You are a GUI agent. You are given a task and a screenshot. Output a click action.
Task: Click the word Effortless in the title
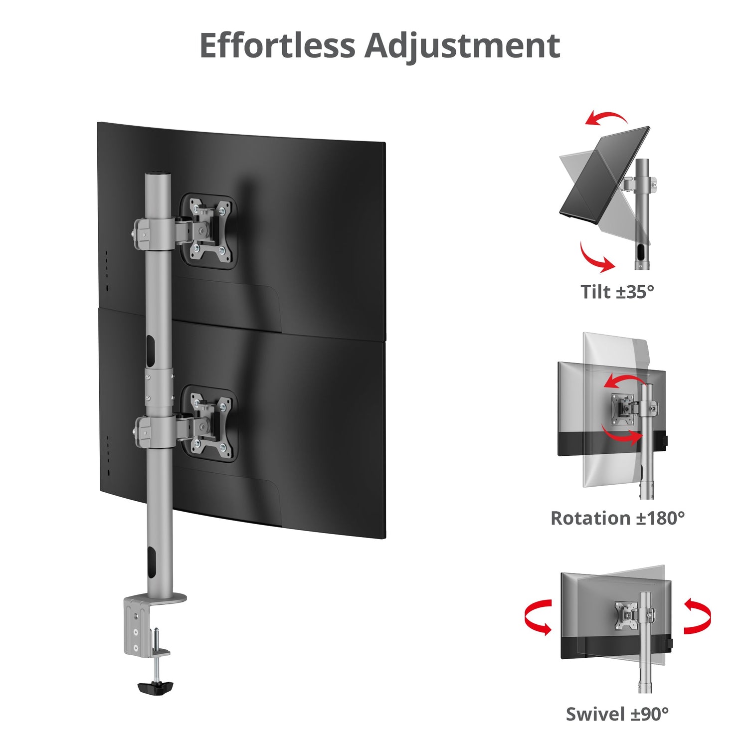tap(277, 45)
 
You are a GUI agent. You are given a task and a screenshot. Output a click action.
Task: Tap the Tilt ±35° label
tap(617, 292)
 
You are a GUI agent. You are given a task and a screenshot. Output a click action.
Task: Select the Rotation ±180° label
tap(617, 518)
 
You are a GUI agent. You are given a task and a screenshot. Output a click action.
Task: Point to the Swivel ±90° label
tap(617, 714)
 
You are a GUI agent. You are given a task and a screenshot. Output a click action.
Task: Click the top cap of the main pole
tap(158, 176)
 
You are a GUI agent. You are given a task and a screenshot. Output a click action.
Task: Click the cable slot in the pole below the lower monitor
tap(151, 561)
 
